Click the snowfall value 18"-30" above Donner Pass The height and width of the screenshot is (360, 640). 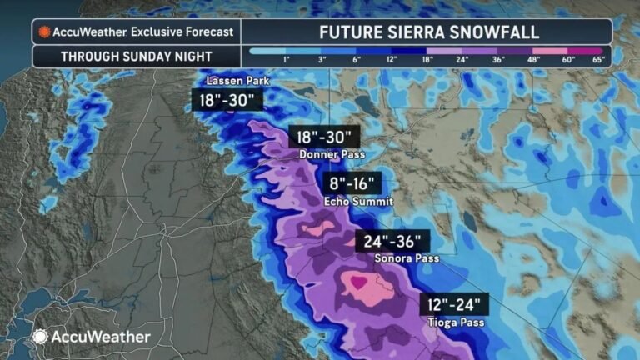pyautogui.click(x=324, y=137)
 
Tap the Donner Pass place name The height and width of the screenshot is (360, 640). pyautogui.click(x=324, y=154)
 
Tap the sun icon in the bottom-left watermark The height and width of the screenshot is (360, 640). pyautogui.click(x=40, y=337)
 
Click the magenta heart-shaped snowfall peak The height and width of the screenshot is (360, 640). pyautogui.click(x=358, y=282)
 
